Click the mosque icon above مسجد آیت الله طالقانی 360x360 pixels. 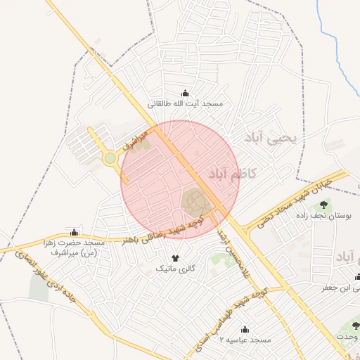point(186,93)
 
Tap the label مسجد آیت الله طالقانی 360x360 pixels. point(185,104)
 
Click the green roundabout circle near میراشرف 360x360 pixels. point(110,158)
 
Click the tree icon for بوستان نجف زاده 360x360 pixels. point(323,205)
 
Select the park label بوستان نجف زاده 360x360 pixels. point(324,217)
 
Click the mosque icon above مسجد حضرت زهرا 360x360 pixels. point(75,232)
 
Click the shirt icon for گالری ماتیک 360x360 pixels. point(175,257)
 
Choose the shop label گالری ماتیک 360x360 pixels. point(175,269)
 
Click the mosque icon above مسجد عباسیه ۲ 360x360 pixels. point(245,329)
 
